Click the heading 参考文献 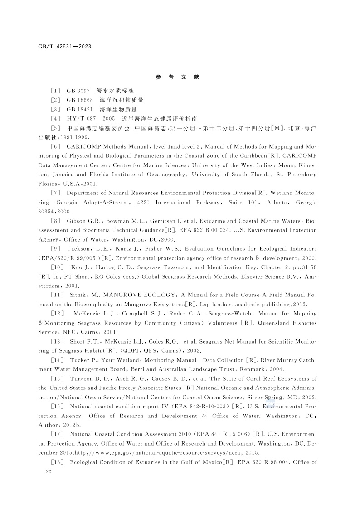click(177, 78)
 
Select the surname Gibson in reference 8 click(78, 222)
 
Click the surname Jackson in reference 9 click(82, 249)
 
